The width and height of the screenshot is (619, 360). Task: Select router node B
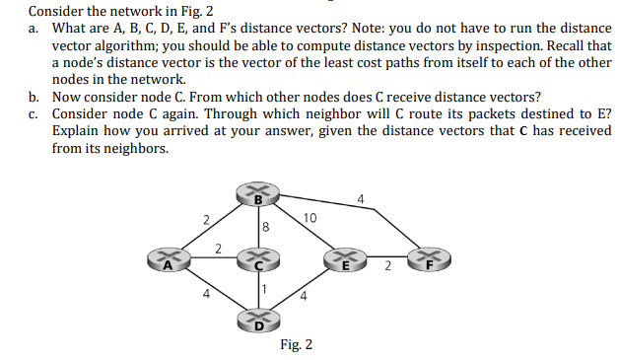[258, 195]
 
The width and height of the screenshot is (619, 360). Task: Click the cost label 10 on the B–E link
[309, 217]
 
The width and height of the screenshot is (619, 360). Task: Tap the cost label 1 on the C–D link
[265, 287]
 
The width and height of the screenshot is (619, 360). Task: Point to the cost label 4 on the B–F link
[362, 200]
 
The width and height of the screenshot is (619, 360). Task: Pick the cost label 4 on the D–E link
[306, 296]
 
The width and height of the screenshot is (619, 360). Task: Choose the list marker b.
[35, 97]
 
